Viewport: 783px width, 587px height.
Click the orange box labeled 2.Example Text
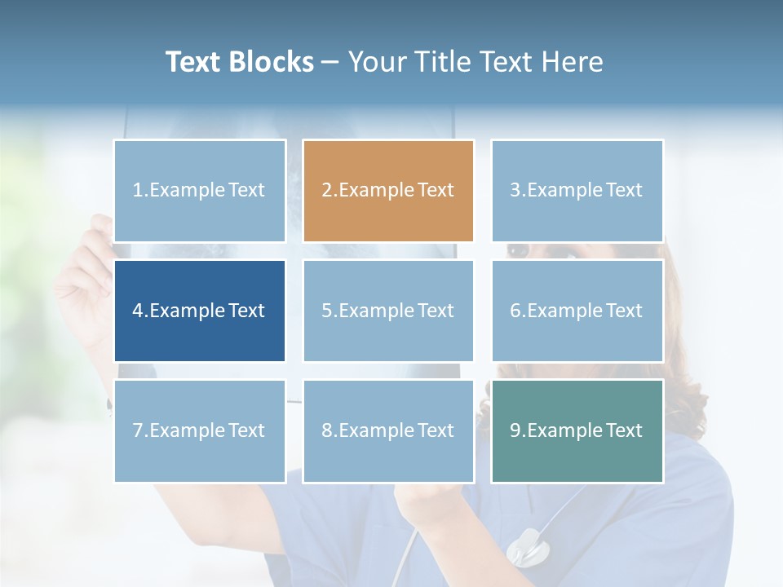click(x=388, y=191)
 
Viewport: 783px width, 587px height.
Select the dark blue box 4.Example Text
click(x=200, y=311)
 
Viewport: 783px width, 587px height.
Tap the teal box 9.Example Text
click(x=577, y=430)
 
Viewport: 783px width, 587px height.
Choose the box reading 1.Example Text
click(x=200, y=191)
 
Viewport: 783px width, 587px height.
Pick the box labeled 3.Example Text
click(x=577, y=191)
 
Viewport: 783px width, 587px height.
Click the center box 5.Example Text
click(x=388, y=311)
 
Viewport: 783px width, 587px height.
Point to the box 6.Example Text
click(x=577, y=311)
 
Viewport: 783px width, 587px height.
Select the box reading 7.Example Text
click(x=200, y=430)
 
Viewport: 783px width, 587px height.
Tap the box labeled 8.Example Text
click(x=388, y=430)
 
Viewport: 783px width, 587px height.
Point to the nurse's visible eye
click(x=518, y=249)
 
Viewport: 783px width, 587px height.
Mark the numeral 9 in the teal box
click(x=515, y=430)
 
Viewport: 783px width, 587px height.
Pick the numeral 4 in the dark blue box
click(x=138, y=311)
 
